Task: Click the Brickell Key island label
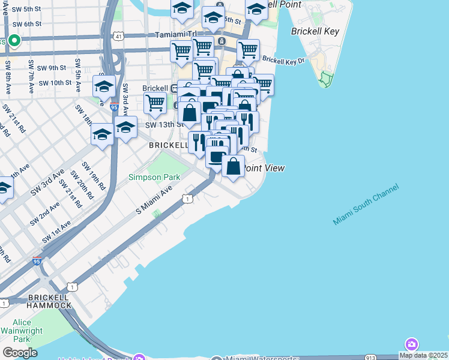coord(315,31)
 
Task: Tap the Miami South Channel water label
coord(366,205)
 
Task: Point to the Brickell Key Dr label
coord(283,61)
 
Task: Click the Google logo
coord(19,353)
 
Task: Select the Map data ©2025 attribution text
coord(424,355)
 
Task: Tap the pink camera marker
coord(412,344)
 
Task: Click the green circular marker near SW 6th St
coord(14,41)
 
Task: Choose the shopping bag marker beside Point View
coord(234,166)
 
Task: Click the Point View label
coord(264,169)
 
